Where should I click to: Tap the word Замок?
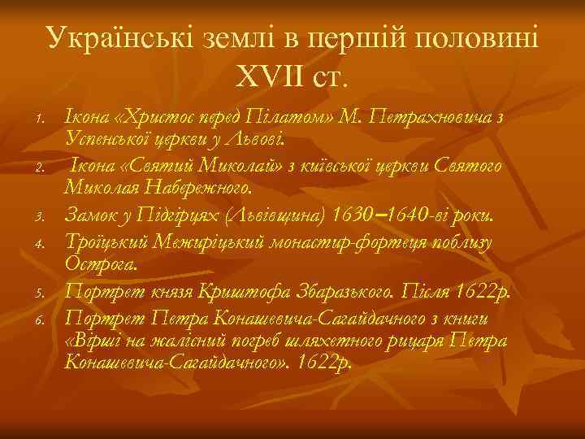(x=91, y=213)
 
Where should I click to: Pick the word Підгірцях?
(x=183, y=213)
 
